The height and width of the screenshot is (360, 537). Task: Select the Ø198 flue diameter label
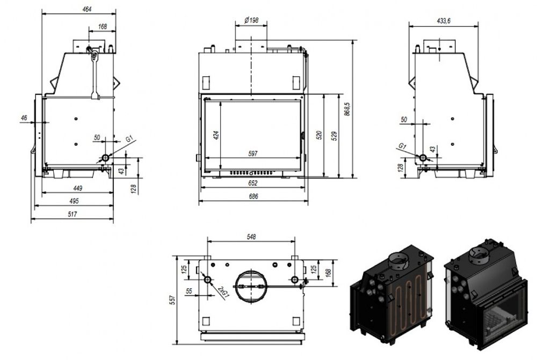251,20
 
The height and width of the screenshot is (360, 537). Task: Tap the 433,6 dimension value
444,20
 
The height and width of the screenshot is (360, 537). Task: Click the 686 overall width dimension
253,197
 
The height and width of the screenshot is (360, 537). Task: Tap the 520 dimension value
320,135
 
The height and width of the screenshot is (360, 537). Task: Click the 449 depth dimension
77,188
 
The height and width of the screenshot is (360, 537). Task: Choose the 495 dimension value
74,201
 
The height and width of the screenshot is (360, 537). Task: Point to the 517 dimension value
72,214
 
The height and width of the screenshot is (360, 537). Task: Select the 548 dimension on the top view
251,236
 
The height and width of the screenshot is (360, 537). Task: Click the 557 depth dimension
172,300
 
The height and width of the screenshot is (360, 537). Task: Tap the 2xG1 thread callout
221,292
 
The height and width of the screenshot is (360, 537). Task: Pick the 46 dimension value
24,117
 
